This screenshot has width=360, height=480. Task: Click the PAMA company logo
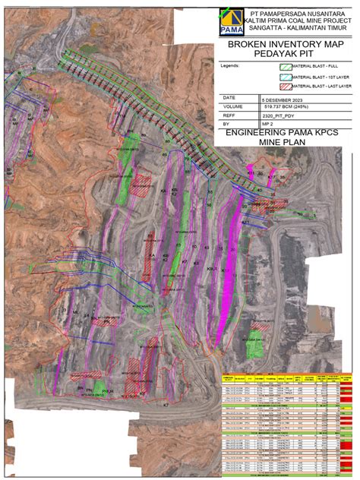[229, 22]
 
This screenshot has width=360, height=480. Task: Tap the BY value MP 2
[267, 124]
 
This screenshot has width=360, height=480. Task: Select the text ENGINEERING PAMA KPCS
[287, 132]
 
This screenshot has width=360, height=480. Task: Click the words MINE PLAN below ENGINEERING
[287, 141]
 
